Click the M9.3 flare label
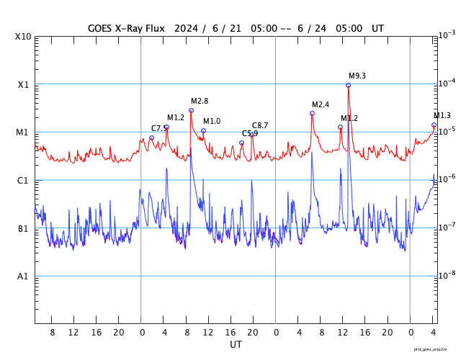point(357,76)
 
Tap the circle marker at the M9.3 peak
point(348,85)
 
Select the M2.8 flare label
point(200,101)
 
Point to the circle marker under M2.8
point(191,110)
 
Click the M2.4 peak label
point(321,104)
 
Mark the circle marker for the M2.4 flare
point(312,113)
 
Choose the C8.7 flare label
point(260,125)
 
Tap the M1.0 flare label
point(212,121)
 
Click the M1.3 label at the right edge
point(442,115)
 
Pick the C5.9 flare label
point(250,133)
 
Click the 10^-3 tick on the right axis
point(447,35)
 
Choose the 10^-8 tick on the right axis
point(447,275)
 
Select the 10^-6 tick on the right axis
point(447,179)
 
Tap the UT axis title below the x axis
point(236,345)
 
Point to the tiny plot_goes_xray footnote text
point(434,349)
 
